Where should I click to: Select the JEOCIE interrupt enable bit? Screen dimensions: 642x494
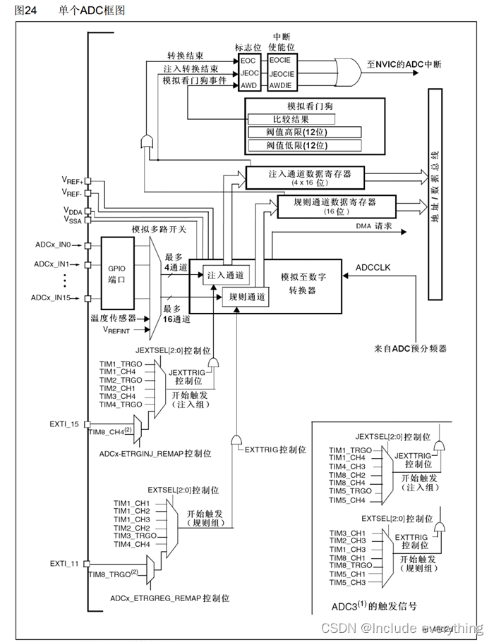(279, 73)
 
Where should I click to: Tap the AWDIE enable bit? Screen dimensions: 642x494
(279, 85)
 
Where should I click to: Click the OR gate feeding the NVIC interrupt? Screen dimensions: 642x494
(346, 73)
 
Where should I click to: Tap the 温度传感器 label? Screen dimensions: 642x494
(114, 318)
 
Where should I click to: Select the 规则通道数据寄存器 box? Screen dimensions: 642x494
(335, 205)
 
